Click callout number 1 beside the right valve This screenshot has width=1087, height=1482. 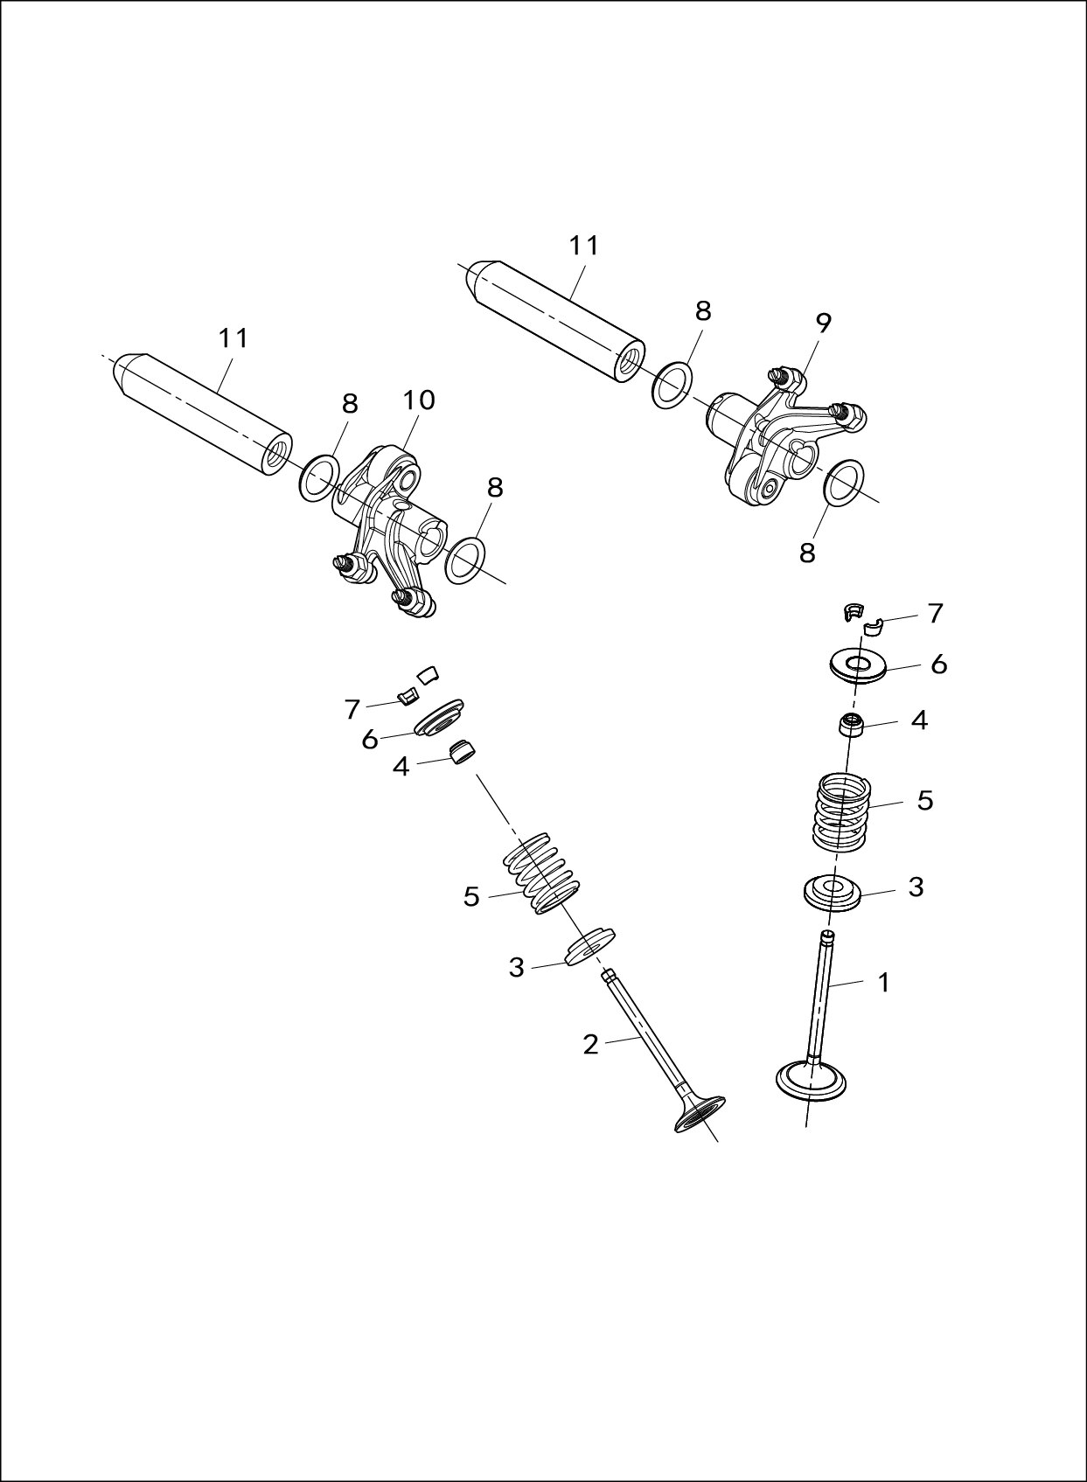[884, 983]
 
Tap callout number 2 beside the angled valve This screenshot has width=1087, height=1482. [591, 1044]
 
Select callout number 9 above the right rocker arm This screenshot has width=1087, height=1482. [824, 323]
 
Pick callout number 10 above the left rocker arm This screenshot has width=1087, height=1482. [419, 400]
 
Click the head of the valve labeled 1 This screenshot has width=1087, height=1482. [812, 1081]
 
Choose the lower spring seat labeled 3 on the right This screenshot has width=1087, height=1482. [833, 893]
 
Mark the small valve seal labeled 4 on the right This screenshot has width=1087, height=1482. [853, 725]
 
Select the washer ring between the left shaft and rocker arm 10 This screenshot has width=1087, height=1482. [320, 477]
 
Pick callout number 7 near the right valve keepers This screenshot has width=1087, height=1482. [936, 614]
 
